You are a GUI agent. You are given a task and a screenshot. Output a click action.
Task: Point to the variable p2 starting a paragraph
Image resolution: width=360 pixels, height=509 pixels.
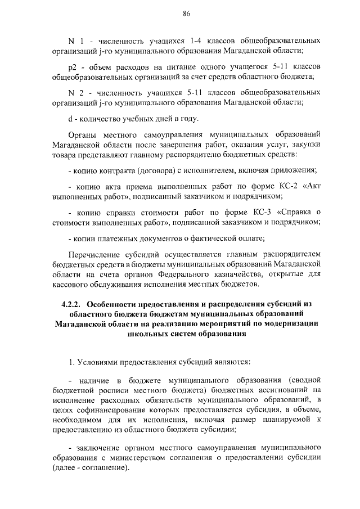[72, 66]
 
